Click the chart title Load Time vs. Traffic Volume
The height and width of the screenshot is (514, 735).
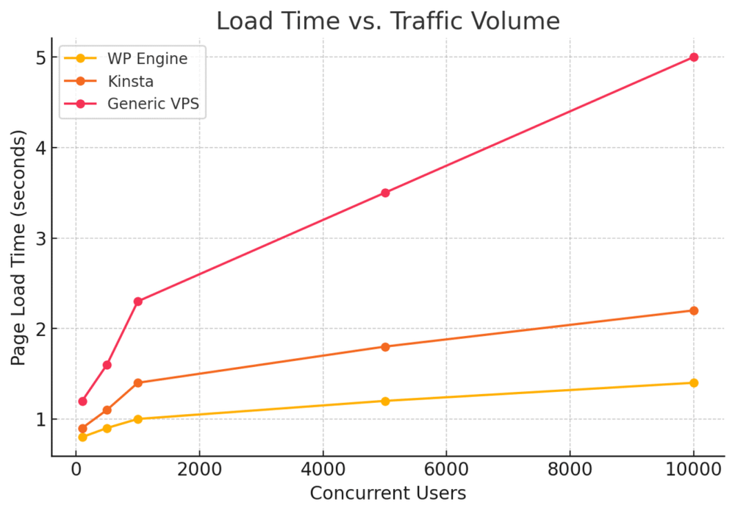387,21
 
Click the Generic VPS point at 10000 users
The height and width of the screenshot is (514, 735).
693,57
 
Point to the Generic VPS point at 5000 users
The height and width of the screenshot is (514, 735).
384,193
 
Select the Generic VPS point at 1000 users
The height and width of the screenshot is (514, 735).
137,301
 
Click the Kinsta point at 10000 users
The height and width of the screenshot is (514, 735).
693,310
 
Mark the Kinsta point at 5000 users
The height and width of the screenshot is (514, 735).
384,346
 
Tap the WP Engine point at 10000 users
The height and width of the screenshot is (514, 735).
693,382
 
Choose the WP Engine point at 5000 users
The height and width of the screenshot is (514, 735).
384,401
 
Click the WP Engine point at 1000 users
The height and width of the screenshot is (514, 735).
137,419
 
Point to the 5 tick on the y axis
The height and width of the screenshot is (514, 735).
38,57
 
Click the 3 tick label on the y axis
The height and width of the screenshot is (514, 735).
38,238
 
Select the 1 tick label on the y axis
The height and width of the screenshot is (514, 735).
38,419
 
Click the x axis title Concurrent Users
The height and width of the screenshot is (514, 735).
387,493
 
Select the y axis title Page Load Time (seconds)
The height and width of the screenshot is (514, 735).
18,248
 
